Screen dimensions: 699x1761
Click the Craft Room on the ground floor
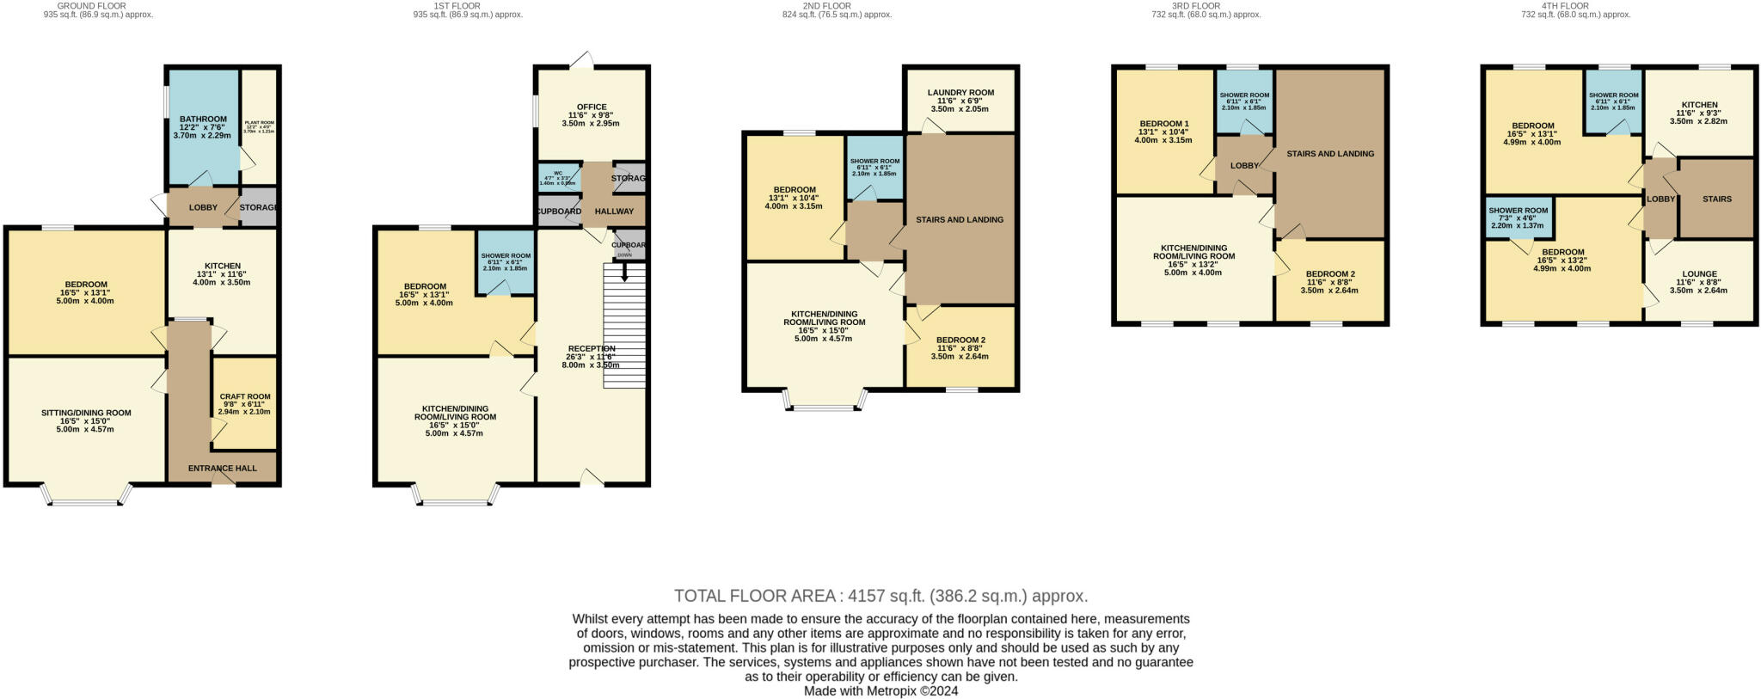click(244, 403)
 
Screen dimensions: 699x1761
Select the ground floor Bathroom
click(203, 126)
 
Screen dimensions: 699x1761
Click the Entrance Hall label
click(223, 469)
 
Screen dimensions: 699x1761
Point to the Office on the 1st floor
click(591, 115)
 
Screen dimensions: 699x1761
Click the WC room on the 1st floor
click(558, 177)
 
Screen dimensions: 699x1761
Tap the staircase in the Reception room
click(624, 327)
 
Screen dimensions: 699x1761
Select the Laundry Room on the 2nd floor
click(960, 100)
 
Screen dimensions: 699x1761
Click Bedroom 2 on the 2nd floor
click(960, 347)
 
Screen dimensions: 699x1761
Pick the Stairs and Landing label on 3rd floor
click(1329, 154)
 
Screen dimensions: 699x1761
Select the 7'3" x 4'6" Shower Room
click(1518, 218)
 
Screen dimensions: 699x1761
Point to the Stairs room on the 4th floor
click(1716, 199)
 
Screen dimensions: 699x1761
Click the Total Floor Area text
click(880, 596)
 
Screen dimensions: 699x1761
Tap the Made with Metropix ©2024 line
click(880, 690)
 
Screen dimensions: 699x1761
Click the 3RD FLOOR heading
click(1206, 6)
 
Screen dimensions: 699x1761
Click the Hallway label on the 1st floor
click(614, 212)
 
